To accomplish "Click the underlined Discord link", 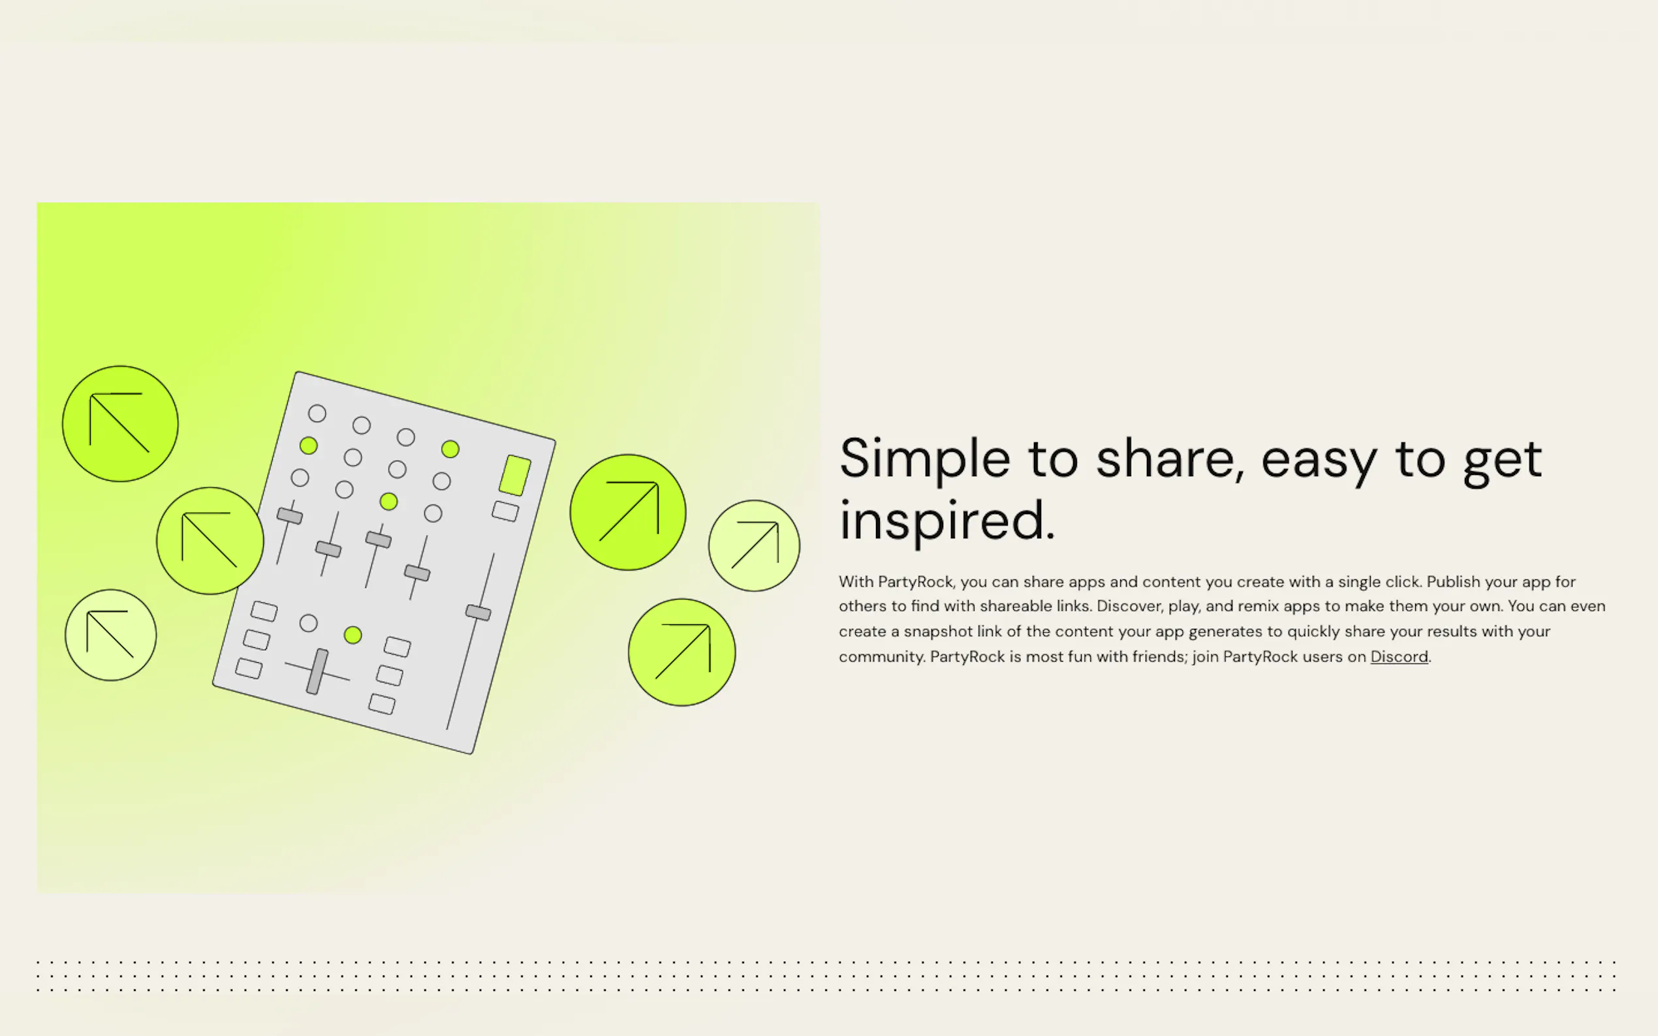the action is click(1399, 656).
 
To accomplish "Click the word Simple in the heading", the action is click(924, 460).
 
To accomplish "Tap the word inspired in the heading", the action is click(947, 521).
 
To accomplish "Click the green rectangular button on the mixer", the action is click(515, 475).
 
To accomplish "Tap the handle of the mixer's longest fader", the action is click(478, 613).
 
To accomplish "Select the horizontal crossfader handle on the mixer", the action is click(317, 671).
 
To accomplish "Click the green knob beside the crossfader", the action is click(353, 635).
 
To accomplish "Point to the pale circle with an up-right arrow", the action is click(754, 545).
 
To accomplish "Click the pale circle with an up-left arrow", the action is click(110, 635).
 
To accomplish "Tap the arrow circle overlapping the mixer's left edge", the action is click(210, 541).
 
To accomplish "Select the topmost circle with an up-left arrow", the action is click(120, 423).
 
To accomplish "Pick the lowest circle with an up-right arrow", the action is click(682, 652).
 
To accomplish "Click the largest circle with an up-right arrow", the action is click(628, 512).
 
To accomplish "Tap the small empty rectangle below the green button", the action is click(506, 511).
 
